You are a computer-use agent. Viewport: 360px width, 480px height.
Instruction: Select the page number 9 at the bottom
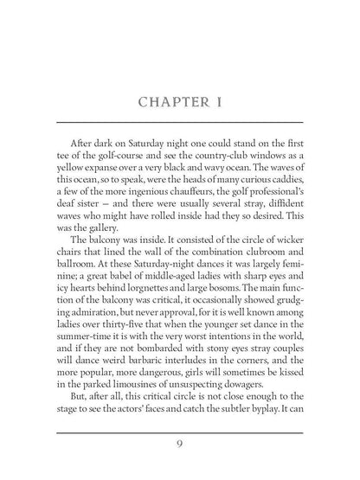(x=179, y=444)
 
